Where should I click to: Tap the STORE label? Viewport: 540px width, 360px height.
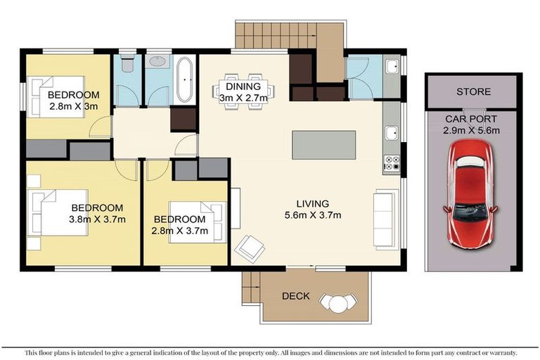click(473, 92)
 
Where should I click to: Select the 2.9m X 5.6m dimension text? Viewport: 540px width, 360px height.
click(471, 130)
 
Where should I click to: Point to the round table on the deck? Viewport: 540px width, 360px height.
click(338, 303)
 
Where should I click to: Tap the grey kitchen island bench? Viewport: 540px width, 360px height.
click(325, 144)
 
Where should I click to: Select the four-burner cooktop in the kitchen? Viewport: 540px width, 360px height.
click(392, 164)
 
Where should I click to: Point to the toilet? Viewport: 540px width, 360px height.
click(127, 65)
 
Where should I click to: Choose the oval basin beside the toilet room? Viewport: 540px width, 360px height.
click(157, 62)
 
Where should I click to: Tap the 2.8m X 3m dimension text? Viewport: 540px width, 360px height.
click(72, 107)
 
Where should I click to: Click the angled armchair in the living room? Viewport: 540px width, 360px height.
click(250, 247)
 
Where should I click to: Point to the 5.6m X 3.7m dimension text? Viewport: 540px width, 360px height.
click(313, 215)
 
